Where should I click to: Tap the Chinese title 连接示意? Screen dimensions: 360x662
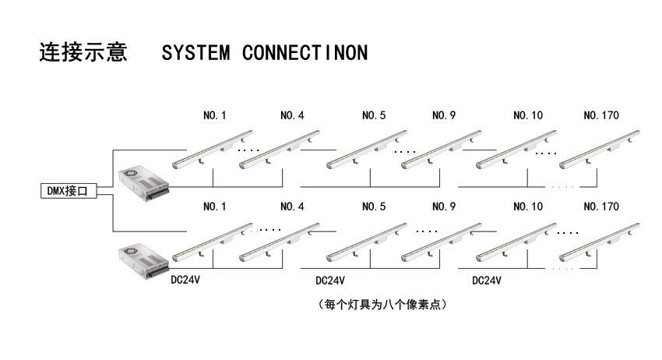(83, 53)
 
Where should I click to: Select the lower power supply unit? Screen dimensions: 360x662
(143, 263)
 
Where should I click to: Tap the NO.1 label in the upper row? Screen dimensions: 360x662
(214, 116)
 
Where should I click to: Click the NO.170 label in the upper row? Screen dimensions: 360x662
(600, 116)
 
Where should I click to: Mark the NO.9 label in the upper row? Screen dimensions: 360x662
(444, 116)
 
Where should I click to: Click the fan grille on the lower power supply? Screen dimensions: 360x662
(131, 254)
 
